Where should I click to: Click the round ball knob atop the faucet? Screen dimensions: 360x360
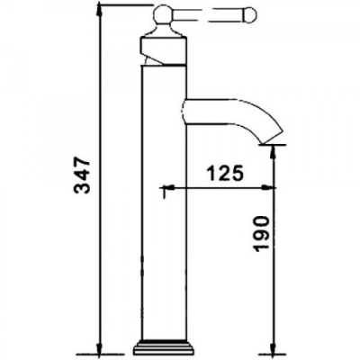click(165, 14)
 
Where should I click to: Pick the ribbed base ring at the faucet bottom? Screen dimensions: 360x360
click(165, 346)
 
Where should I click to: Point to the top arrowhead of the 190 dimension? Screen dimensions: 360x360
click(273, 149)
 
